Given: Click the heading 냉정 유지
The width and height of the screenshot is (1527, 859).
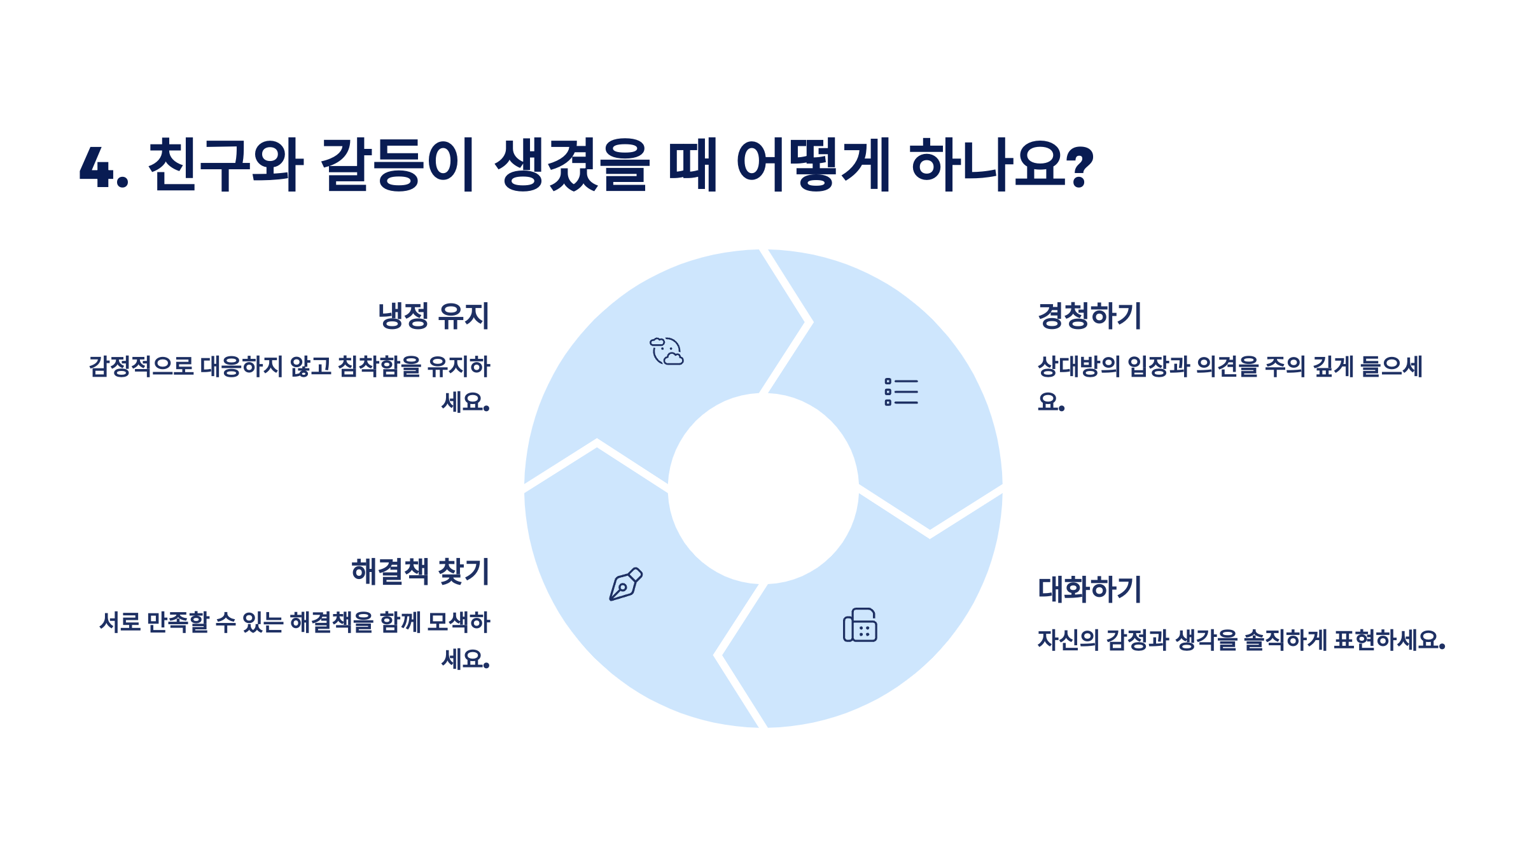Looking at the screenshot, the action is [433, 316].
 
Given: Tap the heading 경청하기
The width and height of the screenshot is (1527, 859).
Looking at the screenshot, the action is [1089, 316].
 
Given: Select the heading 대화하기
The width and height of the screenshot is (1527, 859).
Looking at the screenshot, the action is [1089, 589].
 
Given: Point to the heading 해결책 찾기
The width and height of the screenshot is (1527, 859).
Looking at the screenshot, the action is [420, 571].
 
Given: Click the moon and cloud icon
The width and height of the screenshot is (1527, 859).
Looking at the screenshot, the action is [667, 351].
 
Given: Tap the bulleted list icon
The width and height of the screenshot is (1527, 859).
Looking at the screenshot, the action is [901, 392].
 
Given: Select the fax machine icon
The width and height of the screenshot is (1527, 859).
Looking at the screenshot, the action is [860, 625].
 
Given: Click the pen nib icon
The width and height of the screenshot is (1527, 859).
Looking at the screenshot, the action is [625, 584].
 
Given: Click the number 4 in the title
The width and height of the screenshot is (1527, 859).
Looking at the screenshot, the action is [96, 167].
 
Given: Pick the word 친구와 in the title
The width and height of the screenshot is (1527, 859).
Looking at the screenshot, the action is [225, 165].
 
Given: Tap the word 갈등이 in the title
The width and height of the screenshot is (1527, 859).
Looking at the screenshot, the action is [398, 165].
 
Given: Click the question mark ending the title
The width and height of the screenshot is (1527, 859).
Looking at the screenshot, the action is [1079, 167].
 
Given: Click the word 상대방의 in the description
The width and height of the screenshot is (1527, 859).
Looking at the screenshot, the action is [1078, 367].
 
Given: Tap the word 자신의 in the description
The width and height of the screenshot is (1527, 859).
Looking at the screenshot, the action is [1068, 640].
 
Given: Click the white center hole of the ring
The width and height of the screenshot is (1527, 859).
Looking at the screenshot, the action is [763, 489].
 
